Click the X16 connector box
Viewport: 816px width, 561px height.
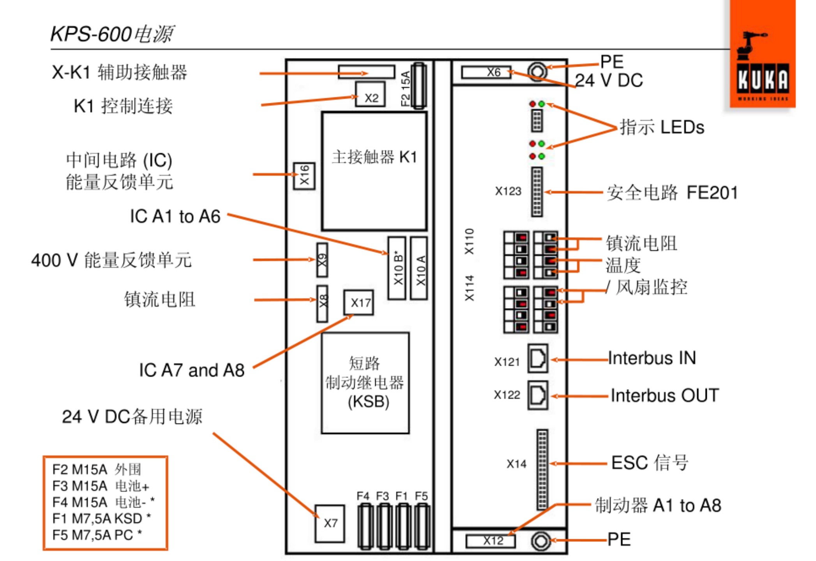coord(304,176)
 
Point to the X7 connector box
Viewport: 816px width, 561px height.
coord(330,524)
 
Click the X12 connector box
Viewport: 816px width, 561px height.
coord(491,541)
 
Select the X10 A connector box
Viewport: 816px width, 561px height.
coord(420,268)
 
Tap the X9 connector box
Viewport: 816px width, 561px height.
coord(322,260)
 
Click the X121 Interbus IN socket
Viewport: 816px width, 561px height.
coord(538,358)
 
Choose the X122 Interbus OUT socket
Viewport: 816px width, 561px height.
coord(538,395)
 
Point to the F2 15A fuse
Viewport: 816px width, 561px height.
coord(419,86)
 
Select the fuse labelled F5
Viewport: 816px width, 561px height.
coord(422,526)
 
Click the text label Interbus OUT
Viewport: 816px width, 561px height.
coord(665,395)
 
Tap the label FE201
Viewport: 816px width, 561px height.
coord(712,192)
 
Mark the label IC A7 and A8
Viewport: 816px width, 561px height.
coord(192,370)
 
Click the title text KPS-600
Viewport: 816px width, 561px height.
coord(91,34)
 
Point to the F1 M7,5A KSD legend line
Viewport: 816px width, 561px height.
coord(101,519)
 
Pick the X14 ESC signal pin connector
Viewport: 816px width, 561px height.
coord(542,469)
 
